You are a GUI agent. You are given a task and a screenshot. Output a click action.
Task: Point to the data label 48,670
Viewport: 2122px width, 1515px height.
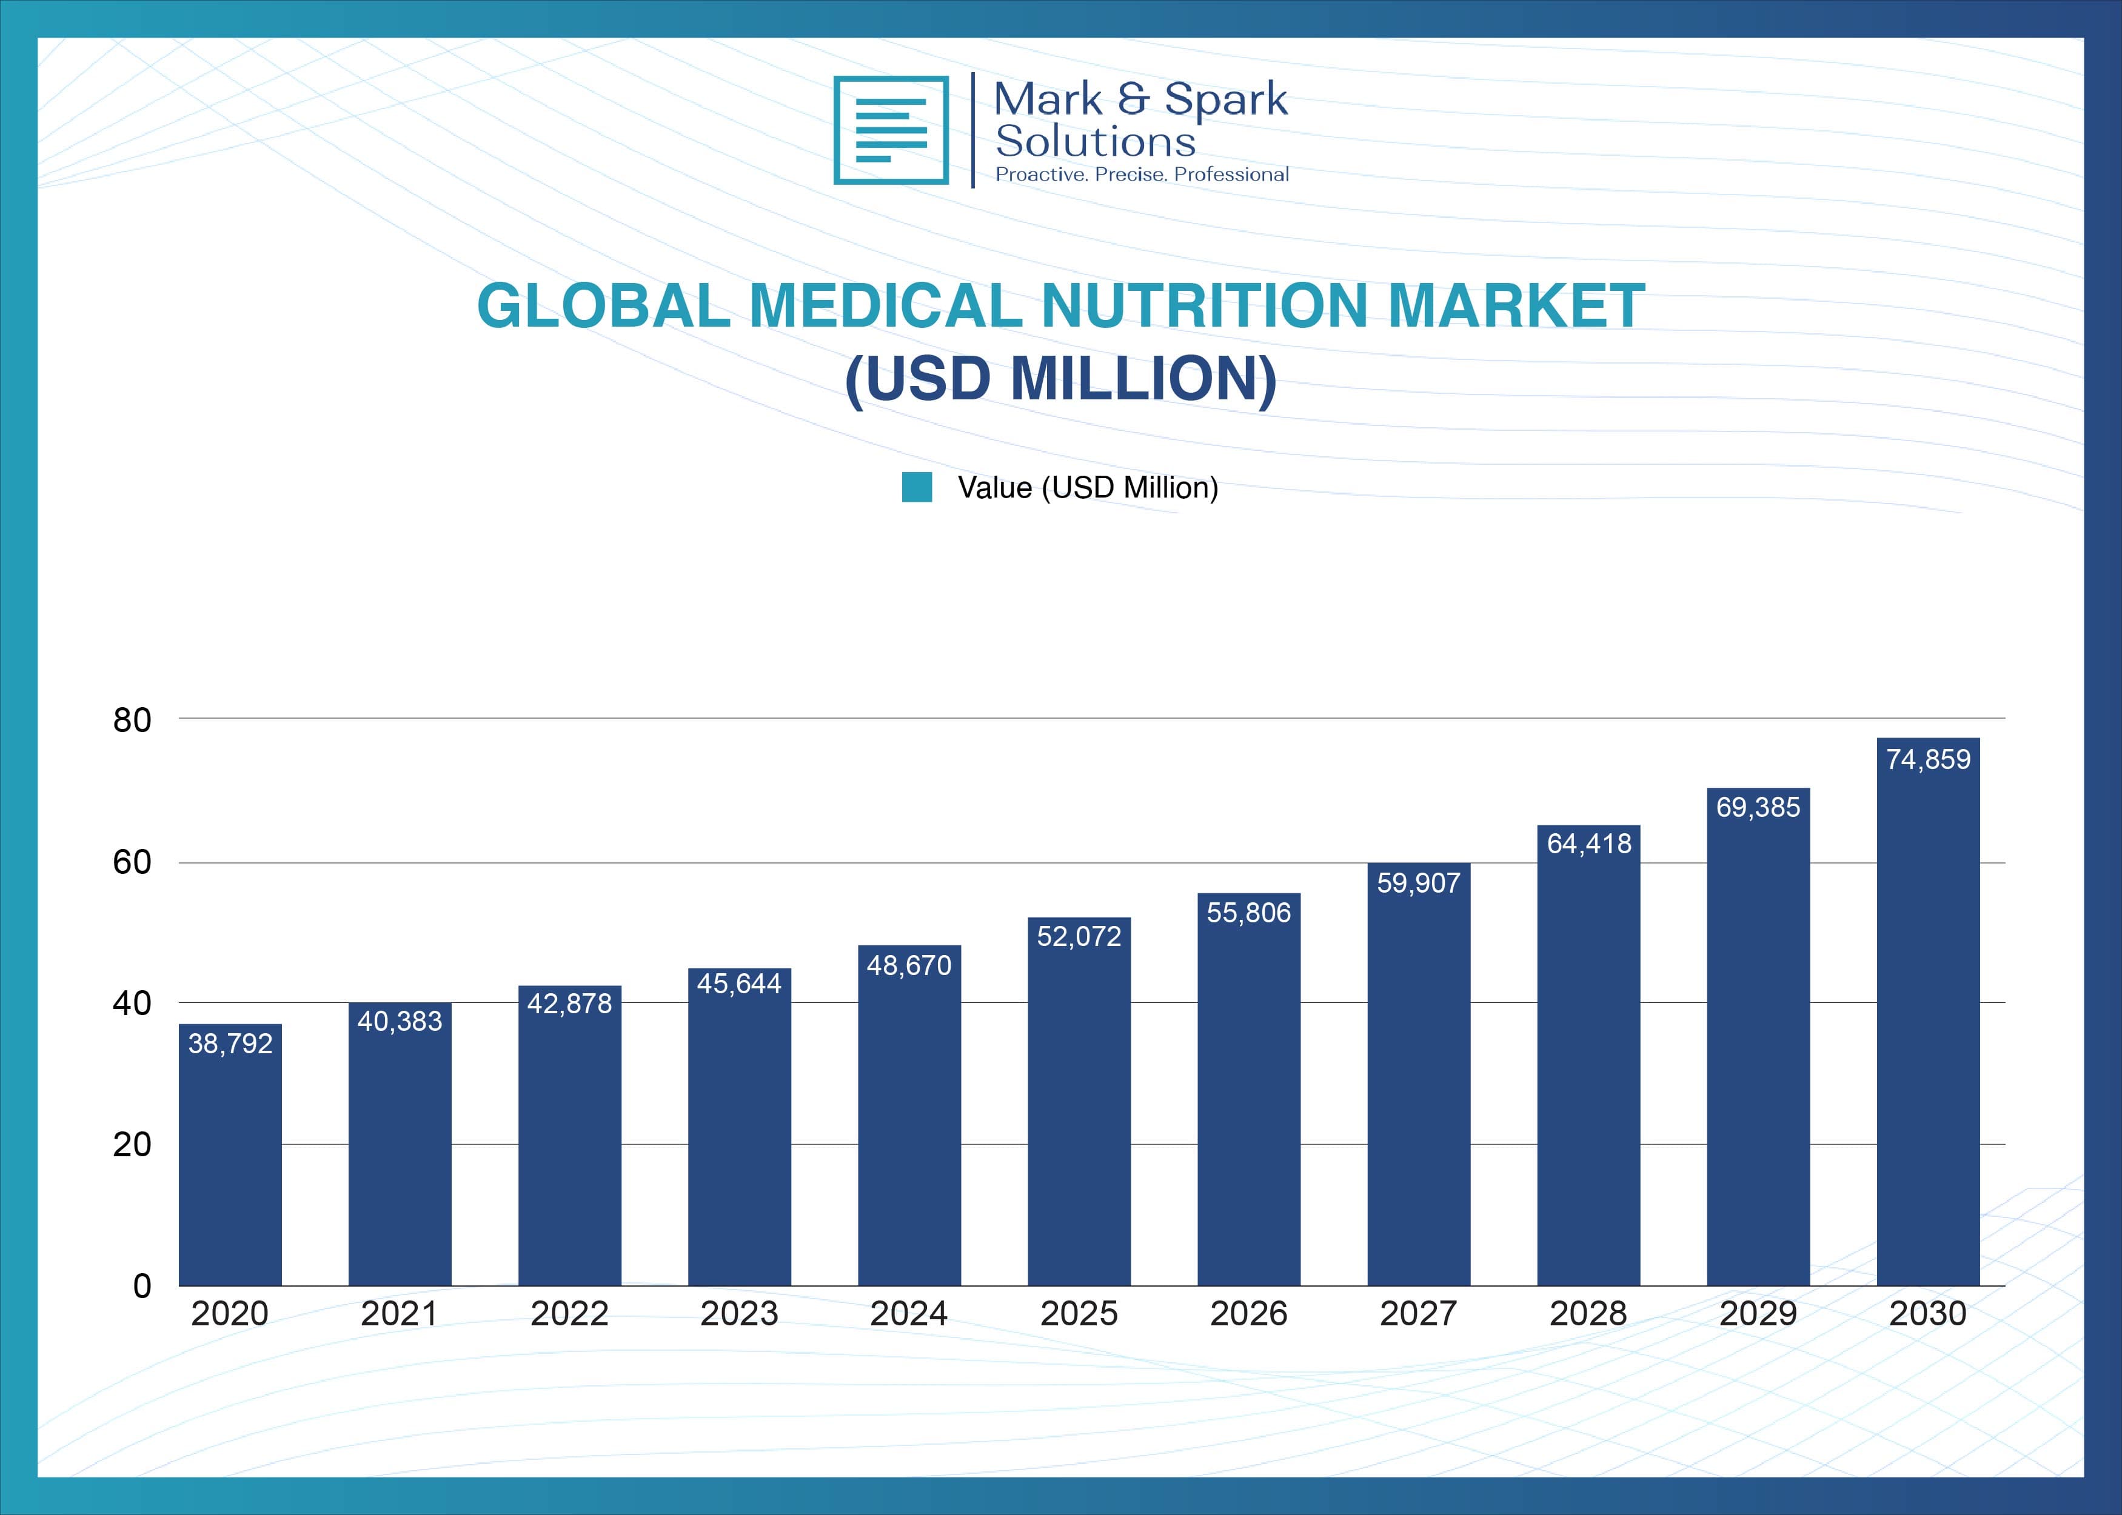[909, 965]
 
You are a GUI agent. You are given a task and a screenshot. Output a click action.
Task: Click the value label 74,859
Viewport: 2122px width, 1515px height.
[1928, 759]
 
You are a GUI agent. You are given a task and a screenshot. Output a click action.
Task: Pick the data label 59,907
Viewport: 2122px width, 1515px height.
[1418, 882]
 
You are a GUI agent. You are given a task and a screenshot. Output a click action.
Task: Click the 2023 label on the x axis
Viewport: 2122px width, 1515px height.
[739, 1313]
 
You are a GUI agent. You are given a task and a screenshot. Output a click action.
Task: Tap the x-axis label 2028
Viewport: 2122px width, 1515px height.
[1588, 1313]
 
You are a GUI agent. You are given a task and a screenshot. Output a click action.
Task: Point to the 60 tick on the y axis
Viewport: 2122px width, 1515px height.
[132, 862]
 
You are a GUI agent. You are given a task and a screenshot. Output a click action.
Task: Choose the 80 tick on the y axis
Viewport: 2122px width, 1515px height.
[132, 720]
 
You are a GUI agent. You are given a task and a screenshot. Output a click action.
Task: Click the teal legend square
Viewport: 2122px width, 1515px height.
[916, 487]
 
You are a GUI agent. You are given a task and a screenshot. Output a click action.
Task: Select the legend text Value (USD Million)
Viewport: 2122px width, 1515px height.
[1088, 487]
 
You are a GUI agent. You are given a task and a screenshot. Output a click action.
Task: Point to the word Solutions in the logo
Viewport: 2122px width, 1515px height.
[1096, 142]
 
